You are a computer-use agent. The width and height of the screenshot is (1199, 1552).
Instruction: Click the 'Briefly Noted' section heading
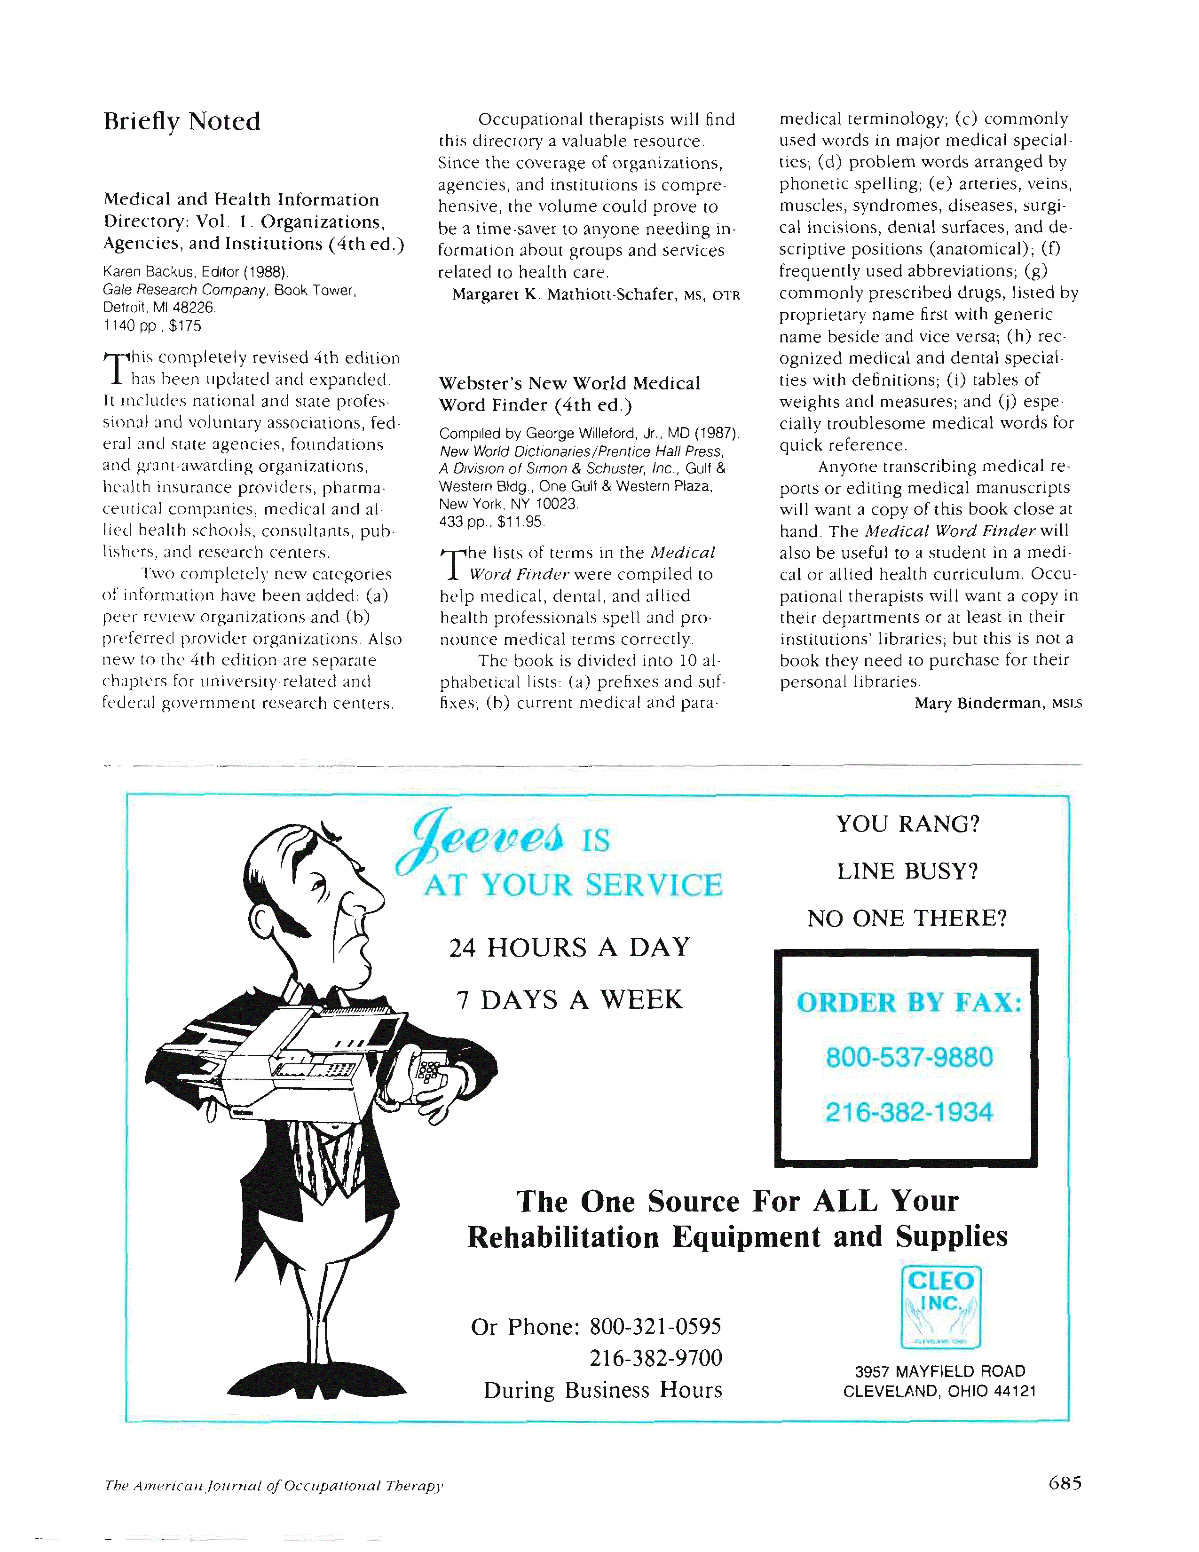coord(182,121)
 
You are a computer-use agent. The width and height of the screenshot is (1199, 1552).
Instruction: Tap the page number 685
coord(1064,1482)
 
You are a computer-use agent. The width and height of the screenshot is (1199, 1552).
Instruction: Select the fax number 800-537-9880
coord(908,1057)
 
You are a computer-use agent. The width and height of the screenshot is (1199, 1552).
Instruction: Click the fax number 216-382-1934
coord(908,1112)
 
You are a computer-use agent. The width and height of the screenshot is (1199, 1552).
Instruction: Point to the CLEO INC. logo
coord(940,1307)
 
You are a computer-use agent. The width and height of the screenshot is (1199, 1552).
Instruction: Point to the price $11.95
coord(521,522)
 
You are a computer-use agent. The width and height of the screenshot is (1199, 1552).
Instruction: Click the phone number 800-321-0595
coord(655,1327)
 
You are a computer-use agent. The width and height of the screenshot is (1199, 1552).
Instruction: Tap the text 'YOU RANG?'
coord(908,824)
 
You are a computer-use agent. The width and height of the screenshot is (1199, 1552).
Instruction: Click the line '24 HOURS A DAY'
coord(570,948)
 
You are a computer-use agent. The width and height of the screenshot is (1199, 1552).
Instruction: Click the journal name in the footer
coord(274,1485)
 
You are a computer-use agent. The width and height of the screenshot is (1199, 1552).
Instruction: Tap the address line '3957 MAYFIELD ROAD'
coord(940,1371)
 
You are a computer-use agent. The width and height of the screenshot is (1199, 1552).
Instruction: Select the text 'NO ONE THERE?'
coord(907,918)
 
